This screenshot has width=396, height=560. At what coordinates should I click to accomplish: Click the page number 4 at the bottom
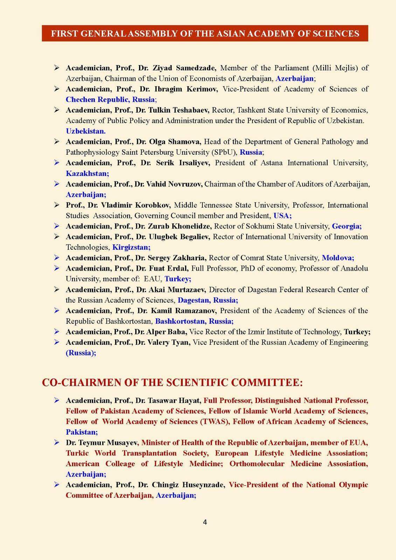[x=205, y=522]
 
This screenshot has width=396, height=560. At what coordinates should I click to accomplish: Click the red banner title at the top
[x=205, y=34]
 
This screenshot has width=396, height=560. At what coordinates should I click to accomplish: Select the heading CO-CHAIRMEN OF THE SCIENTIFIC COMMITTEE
[x=172, y=382]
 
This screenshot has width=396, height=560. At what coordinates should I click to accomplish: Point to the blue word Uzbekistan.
[x=85, y=131]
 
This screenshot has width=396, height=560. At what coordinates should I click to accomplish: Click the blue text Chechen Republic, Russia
[x=110, y=99]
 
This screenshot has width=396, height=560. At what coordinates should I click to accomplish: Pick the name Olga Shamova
[x=174, y=142]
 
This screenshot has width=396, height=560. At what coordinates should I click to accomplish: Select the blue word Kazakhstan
[x=87, y=173]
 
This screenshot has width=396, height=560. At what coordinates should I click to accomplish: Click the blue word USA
[x=282, y=216]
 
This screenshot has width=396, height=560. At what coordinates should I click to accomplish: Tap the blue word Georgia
[x=347, y=226]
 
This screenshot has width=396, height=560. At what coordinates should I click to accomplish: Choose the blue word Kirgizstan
[x=131, y=247]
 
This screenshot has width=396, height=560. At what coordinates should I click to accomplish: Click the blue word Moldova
[x=338, y=258]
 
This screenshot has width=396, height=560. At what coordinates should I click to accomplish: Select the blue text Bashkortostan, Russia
[x=194, y=321]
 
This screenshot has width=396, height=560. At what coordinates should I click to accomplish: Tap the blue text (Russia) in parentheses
[x=81, y=353]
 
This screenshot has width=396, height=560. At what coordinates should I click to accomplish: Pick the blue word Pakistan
[x=82, y=432]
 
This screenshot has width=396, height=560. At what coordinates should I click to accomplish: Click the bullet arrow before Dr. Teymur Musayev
[x=57, y=443]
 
